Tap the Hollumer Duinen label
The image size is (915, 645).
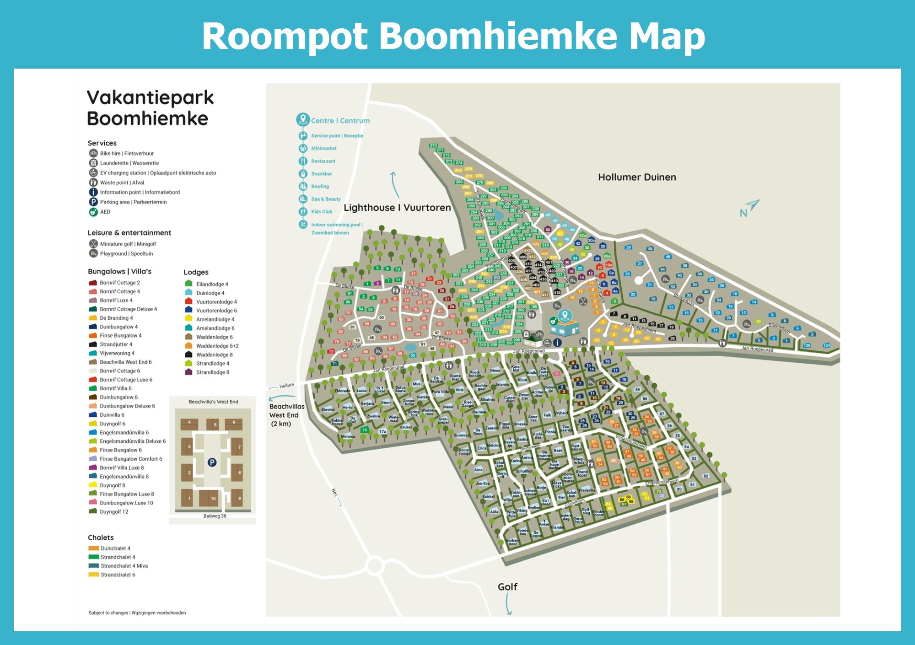(637, 177)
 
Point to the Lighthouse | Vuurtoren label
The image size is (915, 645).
(397, 208)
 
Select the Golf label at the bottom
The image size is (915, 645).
(507, 586)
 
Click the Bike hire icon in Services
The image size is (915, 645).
(93, 153)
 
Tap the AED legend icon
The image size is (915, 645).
(93, 212)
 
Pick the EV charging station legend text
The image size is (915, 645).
(158, 173)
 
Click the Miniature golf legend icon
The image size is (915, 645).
(93, 244)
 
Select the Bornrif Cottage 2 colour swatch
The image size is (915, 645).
(93, 283)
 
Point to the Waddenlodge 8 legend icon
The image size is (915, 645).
(188, 355)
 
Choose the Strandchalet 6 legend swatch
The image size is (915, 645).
(93, 575)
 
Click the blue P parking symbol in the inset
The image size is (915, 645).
(212, 462)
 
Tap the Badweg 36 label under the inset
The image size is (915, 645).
(215, 516)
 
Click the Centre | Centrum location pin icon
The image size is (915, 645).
(302, 120)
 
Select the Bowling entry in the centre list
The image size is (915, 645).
(320, 186)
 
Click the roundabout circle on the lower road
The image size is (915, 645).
(375, 566)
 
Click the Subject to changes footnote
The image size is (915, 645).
(137, 613)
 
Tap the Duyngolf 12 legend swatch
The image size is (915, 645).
(93, 511)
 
